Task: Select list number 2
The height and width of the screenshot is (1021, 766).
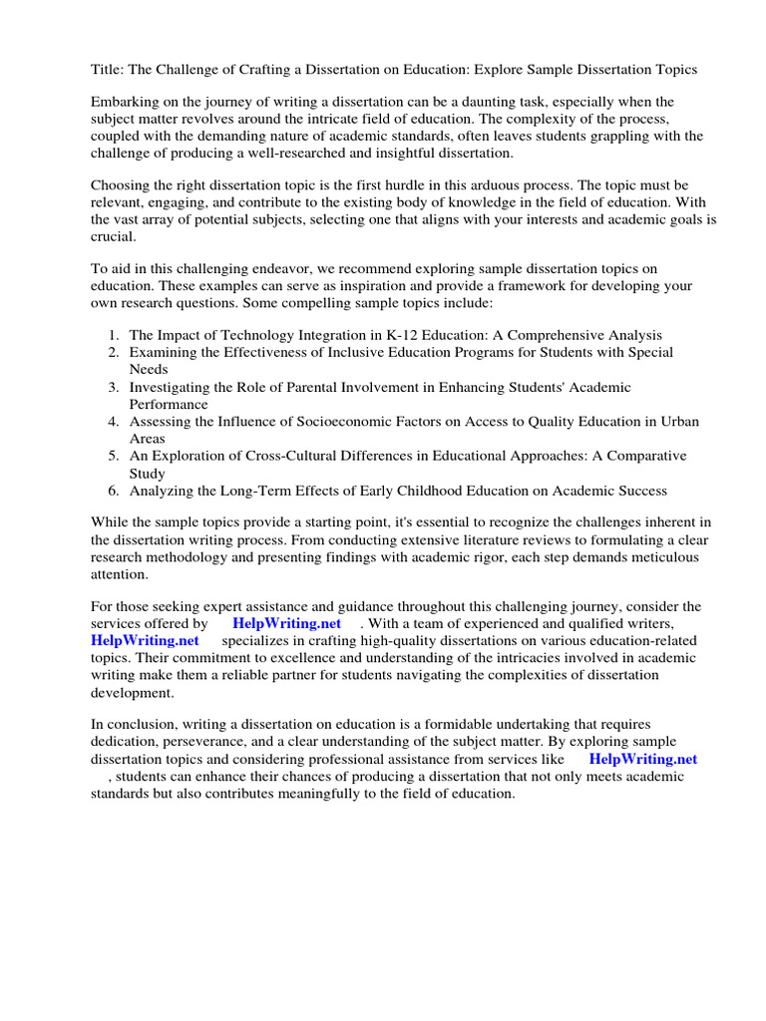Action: coord(114,353)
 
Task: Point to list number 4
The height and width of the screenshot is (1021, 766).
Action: coord(114,422)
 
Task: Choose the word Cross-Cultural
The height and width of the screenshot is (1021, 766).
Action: coord(278,456)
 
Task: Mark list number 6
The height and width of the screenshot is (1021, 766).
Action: coord(114,491)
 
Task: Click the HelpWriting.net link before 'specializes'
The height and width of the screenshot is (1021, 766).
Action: coord(145,640)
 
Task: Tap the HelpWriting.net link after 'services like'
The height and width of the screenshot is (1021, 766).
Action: coord(642,759)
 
